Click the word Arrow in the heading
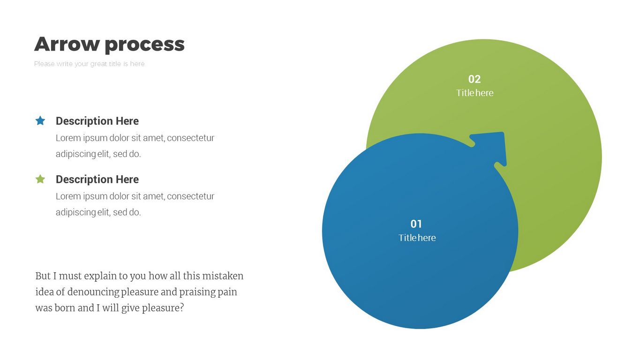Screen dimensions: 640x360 tap(67, 44)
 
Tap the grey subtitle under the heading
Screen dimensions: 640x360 tap(90, 64)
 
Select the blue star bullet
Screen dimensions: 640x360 tap(40, 120)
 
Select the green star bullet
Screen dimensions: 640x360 tap(40, 179)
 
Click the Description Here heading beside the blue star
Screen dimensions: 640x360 tap(97, 121)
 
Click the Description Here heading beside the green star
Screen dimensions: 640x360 tap(97, 179)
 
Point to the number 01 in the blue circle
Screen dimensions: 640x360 tap(416, 224)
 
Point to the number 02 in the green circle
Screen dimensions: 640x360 tap(474, 79)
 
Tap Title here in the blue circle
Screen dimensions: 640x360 tap(417, 238)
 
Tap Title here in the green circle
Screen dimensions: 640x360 tap(474, 93)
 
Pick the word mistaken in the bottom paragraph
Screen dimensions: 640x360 tap(223, 276)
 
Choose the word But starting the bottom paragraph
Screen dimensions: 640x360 tap(43, 276)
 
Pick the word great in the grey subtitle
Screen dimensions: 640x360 tap(98, 64)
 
